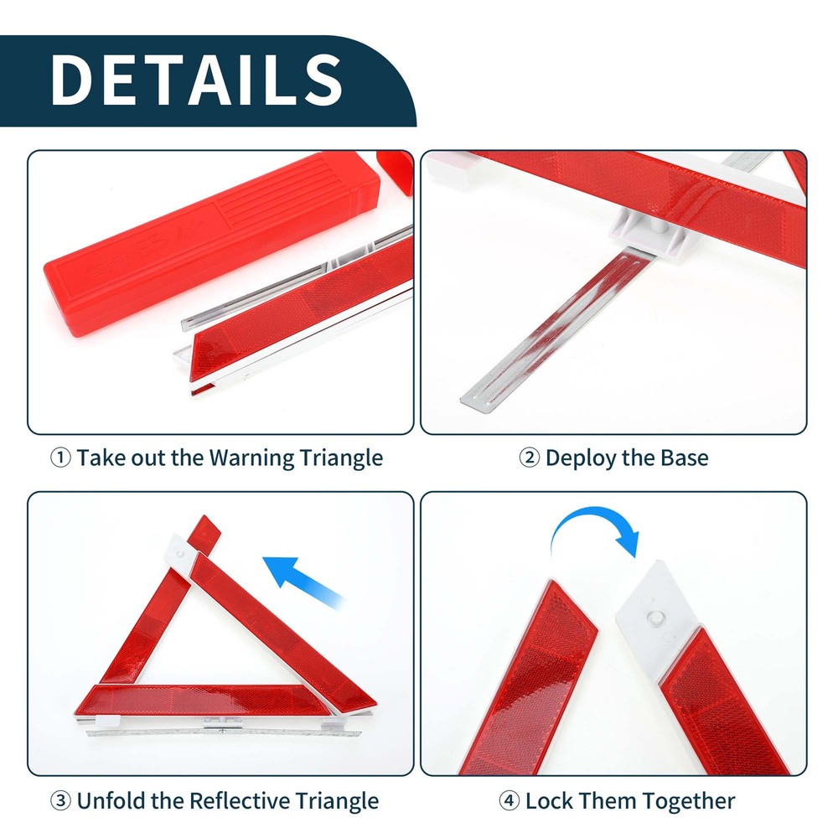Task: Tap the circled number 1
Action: (x=61, y=458)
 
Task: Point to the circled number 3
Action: (x=60, y=800)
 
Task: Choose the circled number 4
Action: (x=509, y=800)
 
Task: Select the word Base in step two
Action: (x=685, y=458)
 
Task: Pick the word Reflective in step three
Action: (x=235, y=800)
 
